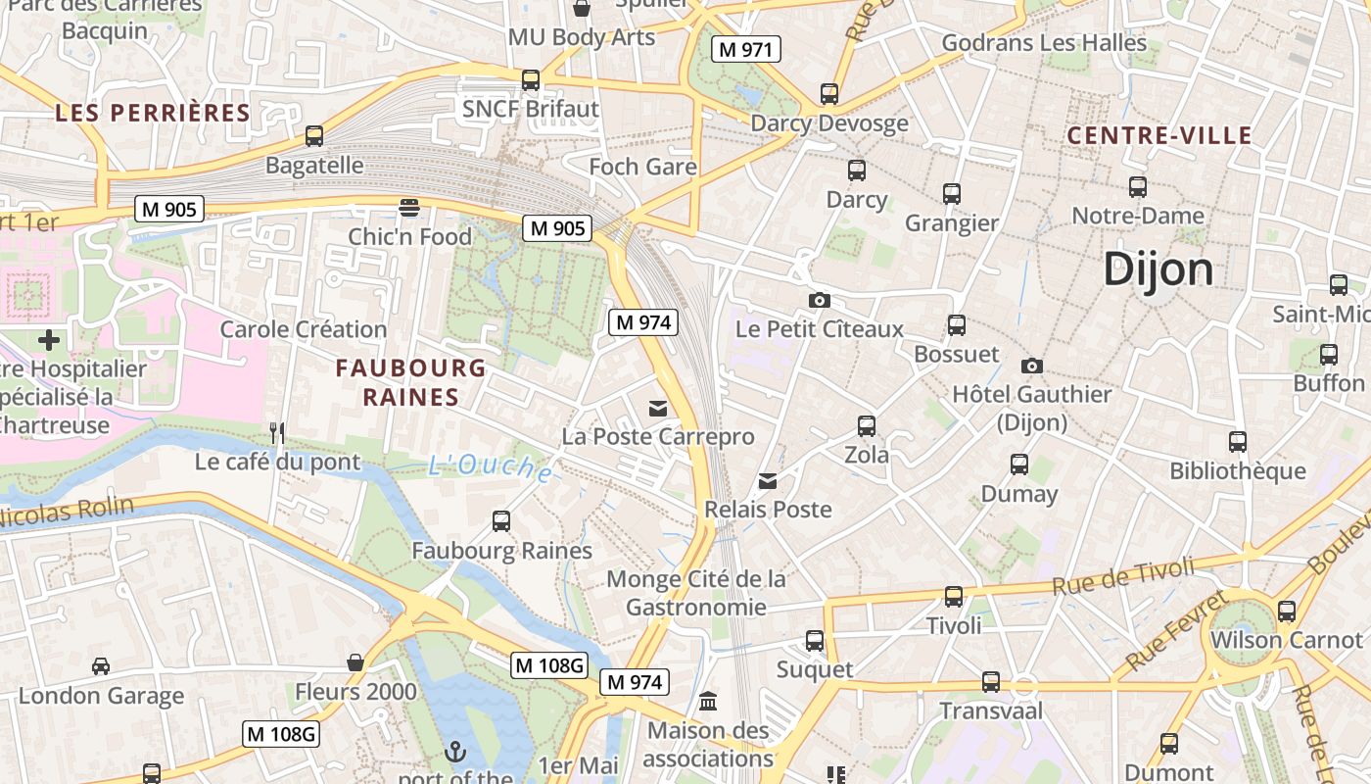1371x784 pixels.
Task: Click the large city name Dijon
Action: point(1158,269)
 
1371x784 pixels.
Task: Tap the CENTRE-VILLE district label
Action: point(1159,135)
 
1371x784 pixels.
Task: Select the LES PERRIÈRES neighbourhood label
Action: point(153,113)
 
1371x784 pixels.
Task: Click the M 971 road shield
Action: point(746,49)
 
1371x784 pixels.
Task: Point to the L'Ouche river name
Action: point(490,467)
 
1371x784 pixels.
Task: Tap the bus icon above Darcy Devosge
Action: point(829,94)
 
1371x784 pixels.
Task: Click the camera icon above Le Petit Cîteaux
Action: point(819,300)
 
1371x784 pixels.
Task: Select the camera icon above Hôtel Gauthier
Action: point(1031,366)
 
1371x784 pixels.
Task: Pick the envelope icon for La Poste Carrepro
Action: point(657,408)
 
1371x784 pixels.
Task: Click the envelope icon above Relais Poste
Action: point(768,481)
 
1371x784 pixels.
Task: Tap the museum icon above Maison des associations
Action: point(708,702)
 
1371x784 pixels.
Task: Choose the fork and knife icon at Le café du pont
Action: point(277,432)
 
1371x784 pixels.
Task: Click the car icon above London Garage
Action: point(101,666)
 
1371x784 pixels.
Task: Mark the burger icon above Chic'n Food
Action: point(409,208)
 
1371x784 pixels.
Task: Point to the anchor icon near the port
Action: point(454,752)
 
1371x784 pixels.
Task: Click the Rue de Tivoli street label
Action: point(1123,576)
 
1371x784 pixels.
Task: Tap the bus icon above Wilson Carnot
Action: point(1286,612)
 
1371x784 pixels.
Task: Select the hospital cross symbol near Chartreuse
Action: point(49,340)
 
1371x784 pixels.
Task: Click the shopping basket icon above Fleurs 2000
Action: point(355,663)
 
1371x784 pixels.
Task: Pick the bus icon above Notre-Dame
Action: point(1137,186)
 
